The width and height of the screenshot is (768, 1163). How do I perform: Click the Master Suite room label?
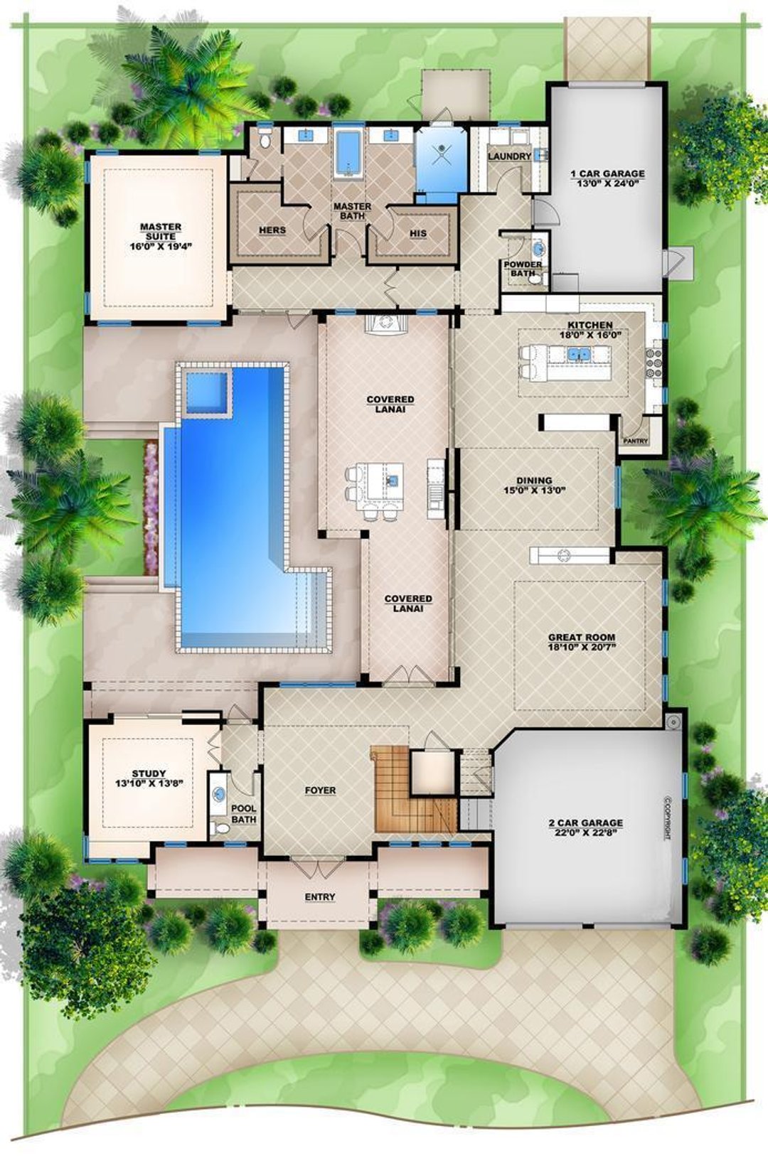pyautogui.click(x=161, y=232)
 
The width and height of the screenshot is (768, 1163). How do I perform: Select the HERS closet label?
pyautogui.click(x=272, y=230)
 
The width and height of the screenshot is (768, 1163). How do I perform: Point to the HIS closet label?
pyautogui.click(x=418, y=233)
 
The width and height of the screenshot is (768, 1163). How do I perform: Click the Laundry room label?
pyautogui.click(x=509, y=156)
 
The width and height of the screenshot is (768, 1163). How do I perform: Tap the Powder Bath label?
pyautogui.click(x=523, y=269)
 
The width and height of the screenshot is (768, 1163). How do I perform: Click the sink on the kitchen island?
pyautogui.click(x=576, y=353)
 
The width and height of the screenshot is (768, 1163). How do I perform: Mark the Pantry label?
pyautogui.click(x=636, y=441)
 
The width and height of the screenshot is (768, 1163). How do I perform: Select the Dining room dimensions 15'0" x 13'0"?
pyautogui.click(x=534, y=490)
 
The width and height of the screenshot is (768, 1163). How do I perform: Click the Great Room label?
pyautogui.click(x=581, y=638)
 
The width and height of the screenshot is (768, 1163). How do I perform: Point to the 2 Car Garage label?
pyautogui.click(x=585, y=822)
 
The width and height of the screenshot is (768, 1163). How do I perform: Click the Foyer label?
pyautogui.click(x=320, y=790)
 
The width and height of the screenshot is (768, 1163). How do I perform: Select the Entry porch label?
pyautogui.click(x=319, y=897)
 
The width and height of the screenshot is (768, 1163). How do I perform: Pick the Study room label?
pyautogui.click(x=149, y=773)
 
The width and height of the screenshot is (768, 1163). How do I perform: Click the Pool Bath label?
pyautogui.click(x=243, y=814)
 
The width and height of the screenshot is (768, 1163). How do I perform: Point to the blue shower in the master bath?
pyautogui.click(x=441, y=158)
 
